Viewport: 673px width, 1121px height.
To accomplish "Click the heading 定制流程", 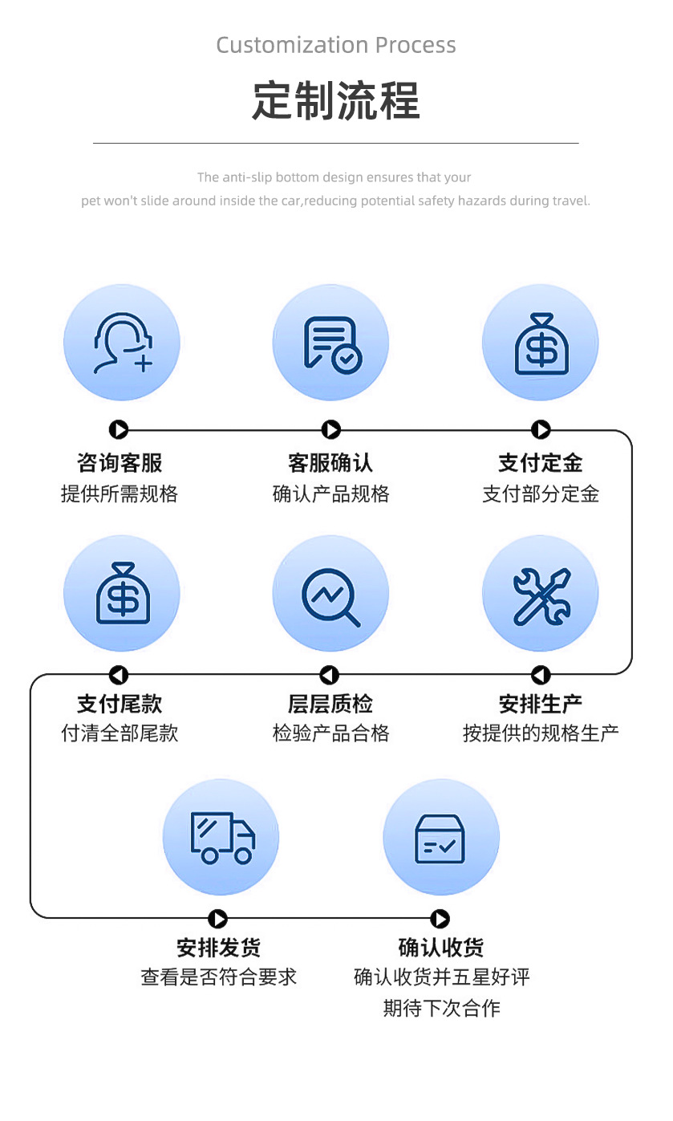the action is [x=336, y=101].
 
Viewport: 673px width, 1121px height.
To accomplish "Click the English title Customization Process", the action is [x=336, y=45].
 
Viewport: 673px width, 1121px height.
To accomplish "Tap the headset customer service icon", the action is [x=122, y=343].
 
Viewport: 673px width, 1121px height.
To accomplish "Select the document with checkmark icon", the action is [x=331, y=343].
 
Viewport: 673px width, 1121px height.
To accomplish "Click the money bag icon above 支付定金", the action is [x=541, y=343].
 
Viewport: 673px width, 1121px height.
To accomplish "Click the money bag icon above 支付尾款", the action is [x=122, y=594].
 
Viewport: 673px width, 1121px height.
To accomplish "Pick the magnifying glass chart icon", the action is [x=331, y=594].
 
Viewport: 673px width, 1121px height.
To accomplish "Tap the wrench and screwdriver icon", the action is [x=541, y=594].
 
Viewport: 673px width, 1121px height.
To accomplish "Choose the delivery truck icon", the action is [x=221, y=837].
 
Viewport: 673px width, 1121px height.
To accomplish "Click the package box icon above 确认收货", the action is [x=441, y=837].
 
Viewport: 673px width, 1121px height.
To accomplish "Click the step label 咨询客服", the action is [x=120, y=463].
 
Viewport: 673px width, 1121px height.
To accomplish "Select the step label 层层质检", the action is [x=330, y=704].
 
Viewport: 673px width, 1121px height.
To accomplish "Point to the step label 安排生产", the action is [x=541, y=704].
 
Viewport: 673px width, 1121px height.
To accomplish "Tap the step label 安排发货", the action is [x=219, y=948].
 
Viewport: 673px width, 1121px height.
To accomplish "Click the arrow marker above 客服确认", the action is [x=331, y=430].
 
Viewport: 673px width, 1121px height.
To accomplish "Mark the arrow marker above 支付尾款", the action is [x=119, y=676].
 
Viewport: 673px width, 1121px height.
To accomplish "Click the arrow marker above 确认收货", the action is [x=440, y=919].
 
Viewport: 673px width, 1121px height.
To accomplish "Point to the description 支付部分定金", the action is [x=541, y=493].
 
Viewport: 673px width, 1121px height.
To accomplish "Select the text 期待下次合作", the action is [x=441, y=1008].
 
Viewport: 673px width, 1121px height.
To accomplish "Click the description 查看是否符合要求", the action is [x=219, y=977].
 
